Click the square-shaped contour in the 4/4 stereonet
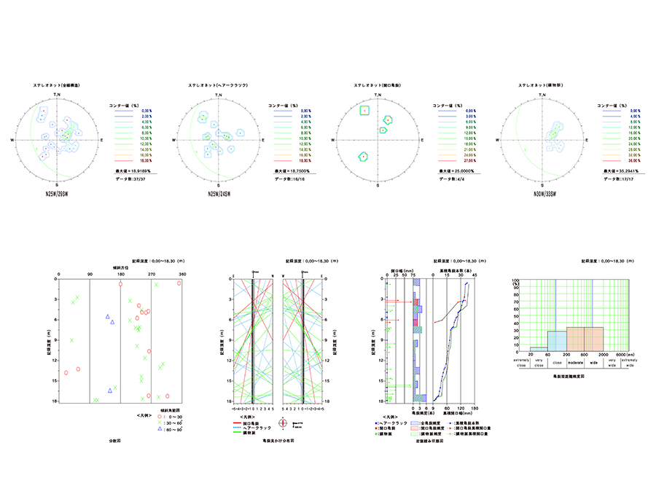(364, 111)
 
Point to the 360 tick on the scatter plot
(182, 274)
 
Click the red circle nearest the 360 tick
(179, 283)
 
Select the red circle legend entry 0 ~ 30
(161, 417)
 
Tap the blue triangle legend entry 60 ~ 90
(161, 428)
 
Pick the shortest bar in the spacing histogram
(539, 347)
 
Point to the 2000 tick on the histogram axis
(602, 356)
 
